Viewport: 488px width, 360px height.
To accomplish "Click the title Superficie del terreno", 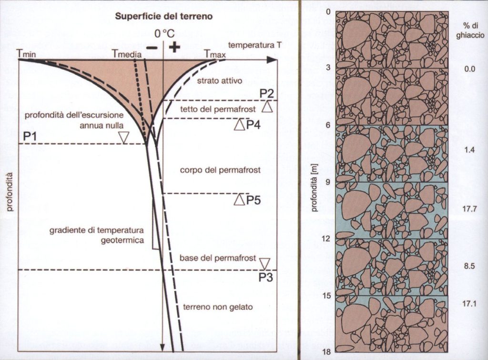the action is point(164,17).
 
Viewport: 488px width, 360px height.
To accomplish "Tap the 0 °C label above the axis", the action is point(164,34).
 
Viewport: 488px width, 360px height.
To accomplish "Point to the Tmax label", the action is point(214,54).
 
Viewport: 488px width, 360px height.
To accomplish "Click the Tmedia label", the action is point(127,54).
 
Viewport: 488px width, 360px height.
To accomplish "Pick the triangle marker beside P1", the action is point(124,138).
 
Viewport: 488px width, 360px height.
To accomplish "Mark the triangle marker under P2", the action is point(267,107).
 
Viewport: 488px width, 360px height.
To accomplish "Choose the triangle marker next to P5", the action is point(239,200).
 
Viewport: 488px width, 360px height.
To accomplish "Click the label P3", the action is point(266,277).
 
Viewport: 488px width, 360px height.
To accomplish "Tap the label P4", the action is point(254,125).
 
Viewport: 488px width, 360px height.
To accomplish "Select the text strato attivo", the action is point(220,81).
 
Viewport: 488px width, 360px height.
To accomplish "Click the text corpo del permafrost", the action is point(220,170).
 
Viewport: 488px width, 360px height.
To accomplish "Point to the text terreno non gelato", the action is point(218,307).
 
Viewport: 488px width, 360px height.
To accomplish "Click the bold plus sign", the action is point(174,47).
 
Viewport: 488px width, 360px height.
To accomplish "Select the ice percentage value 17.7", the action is point(469,209).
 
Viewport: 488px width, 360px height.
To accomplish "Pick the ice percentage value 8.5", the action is point(469,266).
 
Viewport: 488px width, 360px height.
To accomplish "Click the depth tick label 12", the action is point(326,239).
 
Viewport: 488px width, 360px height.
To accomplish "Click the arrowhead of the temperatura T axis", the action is point(272,60).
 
